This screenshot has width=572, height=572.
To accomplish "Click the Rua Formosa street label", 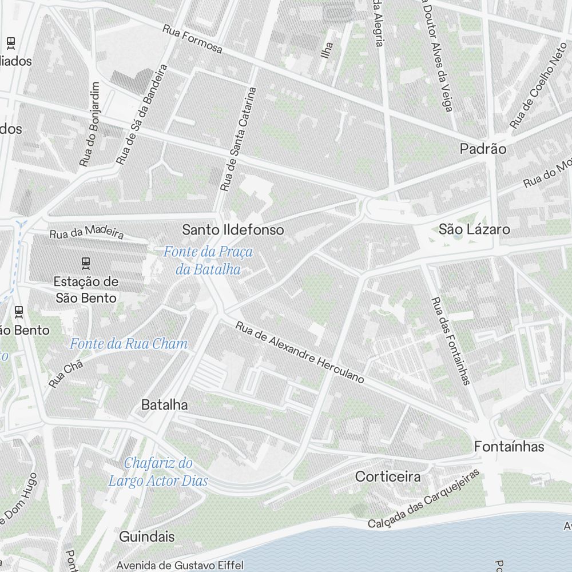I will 192,39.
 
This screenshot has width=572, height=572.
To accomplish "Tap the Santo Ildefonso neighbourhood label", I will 233,230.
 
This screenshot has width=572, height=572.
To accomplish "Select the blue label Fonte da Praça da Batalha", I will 208,260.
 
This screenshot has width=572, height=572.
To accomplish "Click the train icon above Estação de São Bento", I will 86,263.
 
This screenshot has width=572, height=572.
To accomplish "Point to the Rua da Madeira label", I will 86,232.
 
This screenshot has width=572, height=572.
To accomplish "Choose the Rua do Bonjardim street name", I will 90,124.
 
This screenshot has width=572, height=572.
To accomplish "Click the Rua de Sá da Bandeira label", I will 141,114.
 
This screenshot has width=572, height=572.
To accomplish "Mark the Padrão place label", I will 483,149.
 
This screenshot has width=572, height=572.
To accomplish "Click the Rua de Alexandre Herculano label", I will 300,353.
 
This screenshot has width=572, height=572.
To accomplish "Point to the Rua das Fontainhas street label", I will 451,341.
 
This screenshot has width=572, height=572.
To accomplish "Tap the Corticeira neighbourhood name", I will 388,476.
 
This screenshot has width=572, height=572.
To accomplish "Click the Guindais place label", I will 147,537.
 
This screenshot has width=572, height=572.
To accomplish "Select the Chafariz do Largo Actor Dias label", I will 158,472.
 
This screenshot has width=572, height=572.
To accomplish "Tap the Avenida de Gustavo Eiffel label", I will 180,565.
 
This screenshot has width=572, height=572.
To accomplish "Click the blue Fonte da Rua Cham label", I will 129,344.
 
